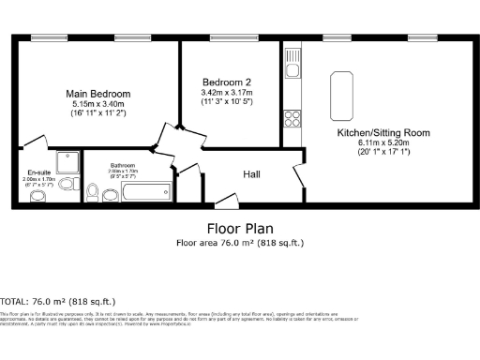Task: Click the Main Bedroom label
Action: (97, 94)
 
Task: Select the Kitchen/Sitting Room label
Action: (383, 133)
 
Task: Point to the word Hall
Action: (252, 174)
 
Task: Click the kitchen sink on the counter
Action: (292, 68)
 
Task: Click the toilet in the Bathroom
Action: (93, 192)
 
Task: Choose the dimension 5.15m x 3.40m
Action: (97, 104)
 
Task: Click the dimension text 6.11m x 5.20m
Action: (383, 143)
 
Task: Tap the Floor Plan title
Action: (239, 228)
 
